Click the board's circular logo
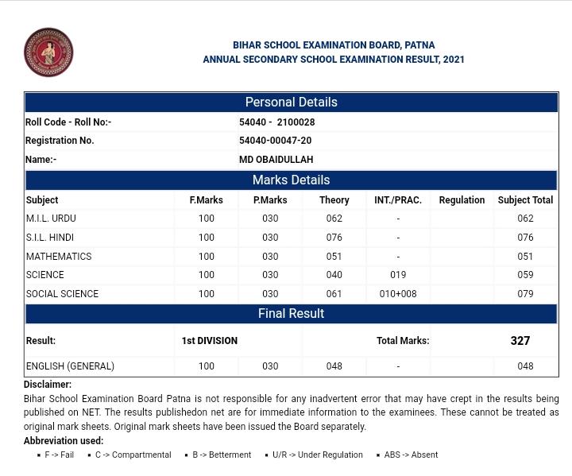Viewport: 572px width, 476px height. tap(48, 52)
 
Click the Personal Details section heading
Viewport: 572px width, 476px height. tap(291, 103)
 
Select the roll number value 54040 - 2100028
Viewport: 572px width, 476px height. tap(276, 122)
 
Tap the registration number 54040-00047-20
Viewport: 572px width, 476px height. tap(275, 141)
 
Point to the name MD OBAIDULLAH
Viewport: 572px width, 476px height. tap(276, 160)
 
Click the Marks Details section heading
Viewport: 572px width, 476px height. tap(291, 180)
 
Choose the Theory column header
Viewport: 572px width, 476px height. tap(334, 200)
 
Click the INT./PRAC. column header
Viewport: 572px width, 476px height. tap(398, 200)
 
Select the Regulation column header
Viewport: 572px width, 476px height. tap(462, 200)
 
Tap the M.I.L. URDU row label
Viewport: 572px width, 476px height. tap(51, 219)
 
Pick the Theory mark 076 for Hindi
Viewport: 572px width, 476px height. tap(334, 238)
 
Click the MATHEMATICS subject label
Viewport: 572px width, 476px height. tap(59, 257)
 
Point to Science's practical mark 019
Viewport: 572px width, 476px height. tap(398, 275)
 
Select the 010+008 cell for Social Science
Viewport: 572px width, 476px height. tap(398, 294)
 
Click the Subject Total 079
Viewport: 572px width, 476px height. tap(525, 294)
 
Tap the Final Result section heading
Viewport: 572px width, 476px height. tap(291, 314)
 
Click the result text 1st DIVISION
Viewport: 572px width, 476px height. tap(209, 341)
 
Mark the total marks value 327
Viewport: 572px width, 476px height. tap(520, 341)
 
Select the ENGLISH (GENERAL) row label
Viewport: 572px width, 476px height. tap(70, 366)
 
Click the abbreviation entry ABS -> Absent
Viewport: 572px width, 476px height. tap(411, 455)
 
